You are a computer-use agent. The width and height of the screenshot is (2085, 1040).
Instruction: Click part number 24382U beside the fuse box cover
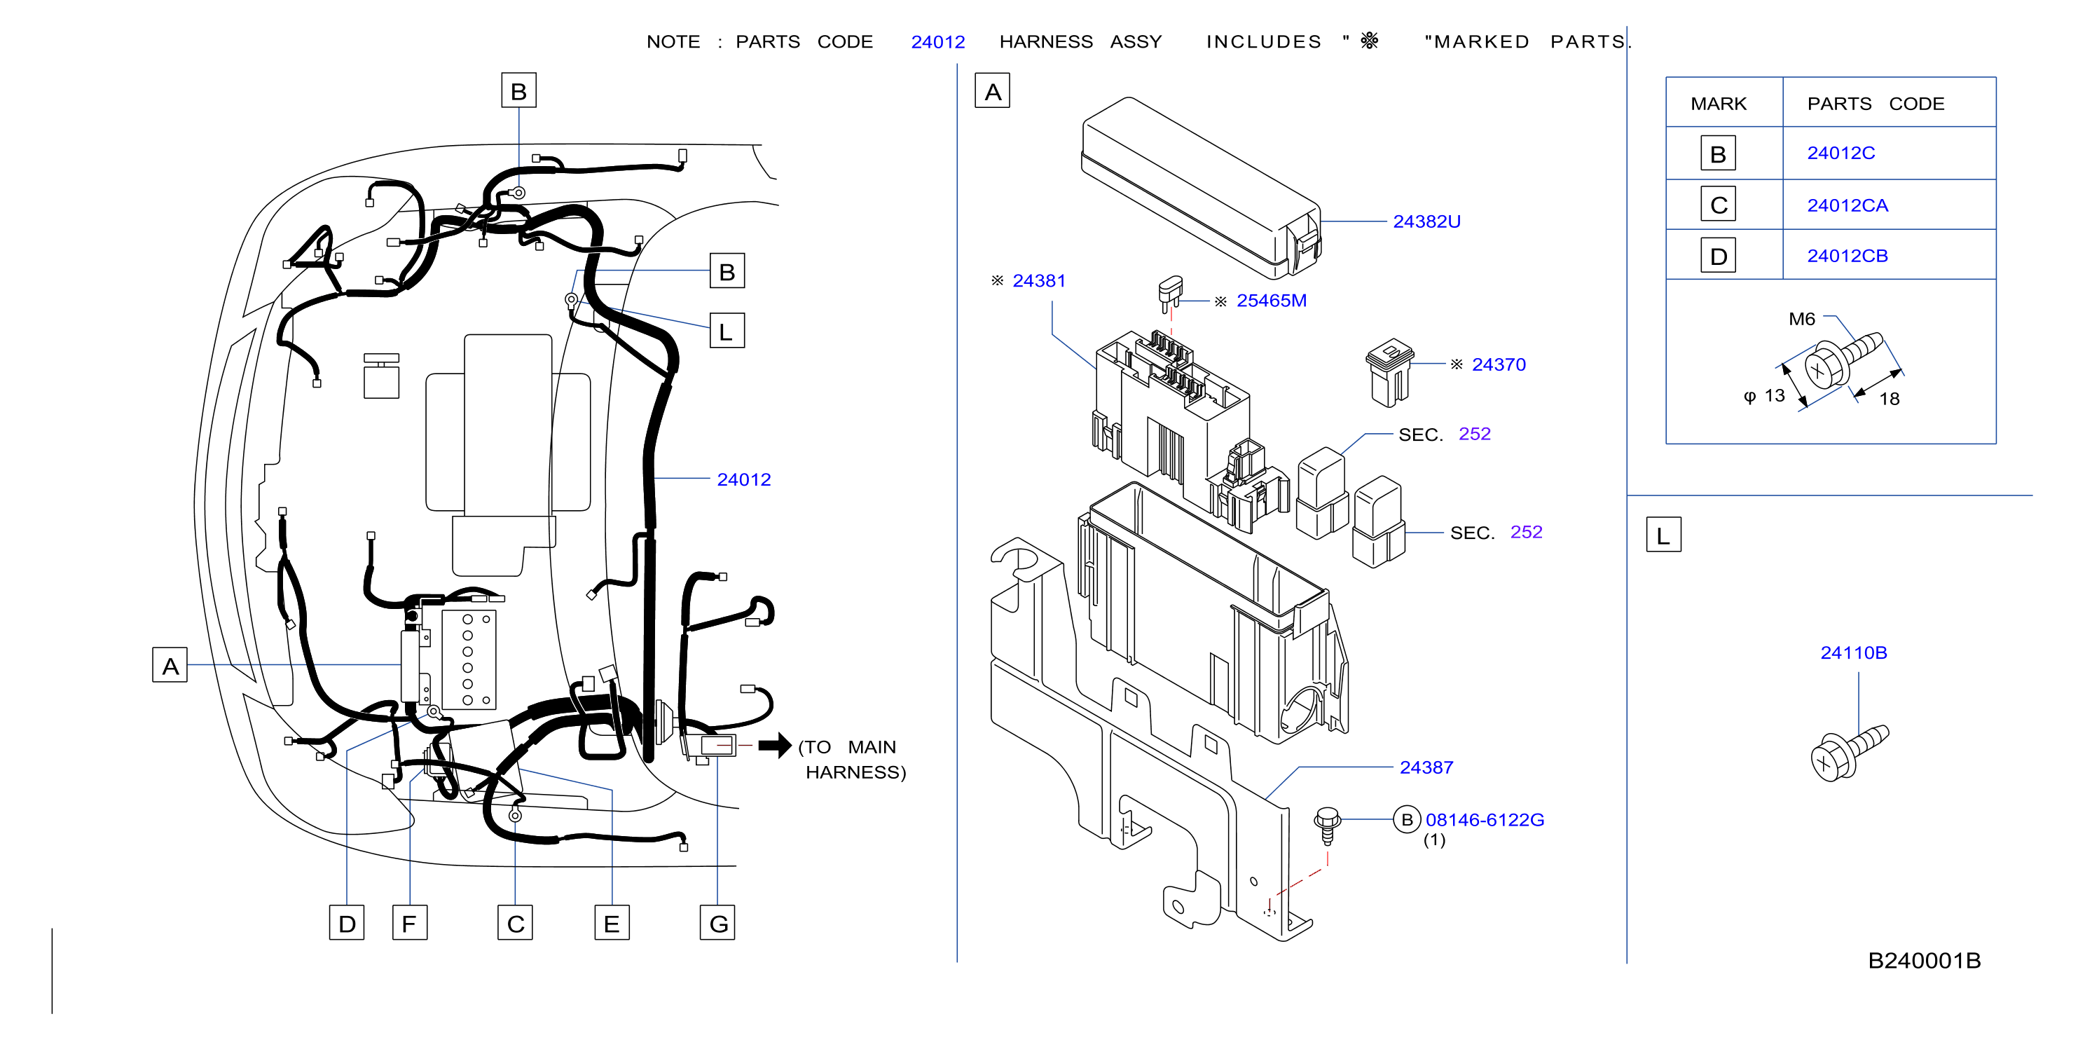[1426, 221]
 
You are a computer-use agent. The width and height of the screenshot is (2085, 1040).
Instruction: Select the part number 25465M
[1271, 301]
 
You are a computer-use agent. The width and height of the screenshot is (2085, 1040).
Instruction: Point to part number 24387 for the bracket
[1426, 767]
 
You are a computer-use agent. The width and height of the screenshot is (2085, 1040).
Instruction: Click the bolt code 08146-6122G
[1485, 820]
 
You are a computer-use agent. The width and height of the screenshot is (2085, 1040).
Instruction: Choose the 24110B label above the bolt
[1854, 653]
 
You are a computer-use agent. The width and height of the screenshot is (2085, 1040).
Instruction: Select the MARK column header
[1719, 104]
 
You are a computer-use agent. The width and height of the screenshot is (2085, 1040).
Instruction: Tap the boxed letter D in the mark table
[1718, 256]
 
